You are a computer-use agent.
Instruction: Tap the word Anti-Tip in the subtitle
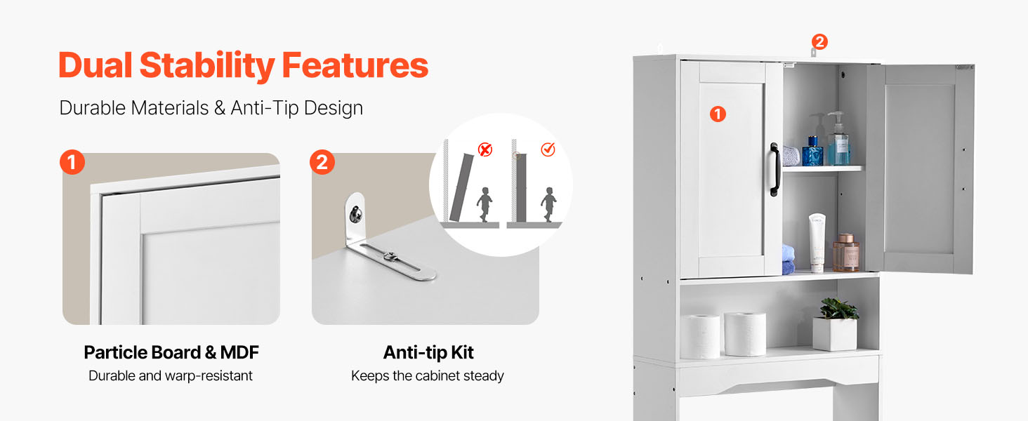coord(264,108)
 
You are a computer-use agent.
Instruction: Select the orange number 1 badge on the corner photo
coord(72,162)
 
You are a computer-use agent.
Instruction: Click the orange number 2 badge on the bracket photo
coord(322,162)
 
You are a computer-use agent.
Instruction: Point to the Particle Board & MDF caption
coord(171,352)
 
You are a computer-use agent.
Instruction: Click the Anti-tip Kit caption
coord(428,353)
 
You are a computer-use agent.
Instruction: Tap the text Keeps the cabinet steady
coord(427,375)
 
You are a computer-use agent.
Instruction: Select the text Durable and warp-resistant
coord(170,375)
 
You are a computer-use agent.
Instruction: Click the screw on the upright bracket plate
coord(355,214)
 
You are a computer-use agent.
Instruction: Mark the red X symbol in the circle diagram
coord(485,149)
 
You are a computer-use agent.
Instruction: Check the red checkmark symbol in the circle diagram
coord(548,149)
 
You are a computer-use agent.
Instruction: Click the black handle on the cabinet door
coord(775,170)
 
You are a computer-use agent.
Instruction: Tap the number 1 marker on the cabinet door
coord(718,114)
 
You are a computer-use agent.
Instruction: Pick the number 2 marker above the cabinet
coord(819,41)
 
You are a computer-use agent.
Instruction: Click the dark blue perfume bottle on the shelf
coord(812,151)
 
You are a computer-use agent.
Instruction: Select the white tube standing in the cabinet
coord(817,243)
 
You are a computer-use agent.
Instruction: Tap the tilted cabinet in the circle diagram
coord(462,187)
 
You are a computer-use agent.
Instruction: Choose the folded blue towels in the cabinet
coord(788,260)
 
